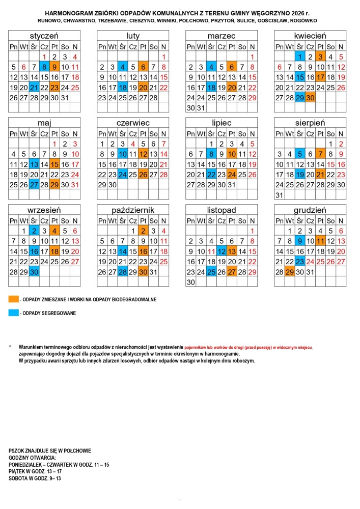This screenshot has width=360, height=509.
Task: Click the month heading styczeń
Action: tap(44, 36)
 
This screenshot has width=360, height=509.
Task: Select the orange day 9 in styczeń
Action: tap(54, 67)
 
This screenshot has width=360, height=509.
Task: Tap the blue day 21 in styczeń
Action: tap(34, 87)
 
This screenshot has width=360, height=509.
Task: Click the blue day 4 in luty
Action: tap(123, 67)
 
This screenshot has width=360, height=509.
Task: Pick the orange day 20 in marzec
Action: tap(232, 87)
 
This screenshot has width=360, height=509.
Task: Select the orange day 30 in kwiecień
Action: tap(310, 97)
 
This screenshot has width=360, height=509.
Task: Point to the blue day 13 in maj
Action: tap(34, 164)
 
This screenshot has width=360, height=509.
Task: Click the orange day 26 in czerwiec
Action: tap(143, 175)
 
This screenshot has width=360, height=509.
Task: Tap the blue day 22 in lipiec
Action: tap(211, 175)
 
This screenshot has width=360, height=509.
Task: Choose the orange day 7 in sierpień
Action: tap(320, 154)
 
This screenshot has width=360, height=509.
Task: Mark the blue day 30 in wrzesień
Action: tap(34, 272)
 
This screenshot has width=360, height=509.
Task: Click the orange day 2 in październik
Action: tap(143, 231)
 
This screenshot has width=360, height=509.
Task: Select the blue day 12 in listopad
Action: tap(221, 251)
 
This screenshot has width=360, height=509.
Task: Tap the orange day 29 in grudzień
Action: tap(290, 272)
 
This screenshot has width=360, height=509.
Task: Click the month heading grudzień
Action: tap(310, 210)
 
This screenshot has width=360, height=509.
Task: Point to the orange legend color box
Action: tap(14, 299)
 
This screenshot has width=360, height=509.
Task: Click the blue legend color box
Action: tap(14, 313)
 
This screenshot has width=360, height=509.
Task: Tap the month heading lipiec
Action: tap(221, 123)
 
